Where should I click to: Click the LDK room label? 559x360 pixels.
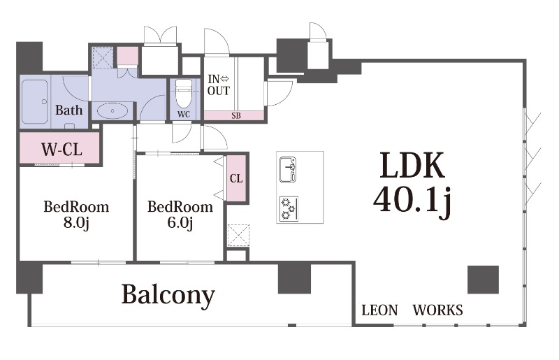(412, 167)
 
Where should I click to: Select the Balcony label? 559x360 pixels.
(168, 295)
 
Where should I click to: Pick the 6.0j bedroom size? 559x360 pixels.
(180, 224)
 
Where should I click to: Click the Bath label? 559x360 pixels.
(68, 110)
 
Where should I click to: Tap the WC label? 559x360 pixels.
(183, 114)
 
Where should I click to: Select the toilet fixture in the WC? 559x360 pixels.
(183, 92)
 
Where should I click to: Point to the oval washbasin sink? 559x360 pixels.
(111, 110)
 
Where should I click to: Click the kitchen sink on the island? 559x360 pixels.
(288, 170)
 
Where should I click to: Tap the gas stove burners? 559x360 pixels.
(288, 208)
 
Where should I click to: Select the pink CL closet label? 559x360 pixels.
(236, 178)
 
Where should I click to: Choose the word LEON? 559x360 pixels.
(379, 310)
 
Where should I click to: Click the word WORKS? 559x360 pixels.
(437, 310)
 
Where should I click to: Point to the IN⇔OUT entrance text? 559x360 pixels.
(218, 85)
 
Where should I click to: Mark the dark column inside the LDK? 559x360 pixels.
(483, 280)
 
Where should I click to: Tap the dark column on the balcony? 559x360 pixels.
(294, 278)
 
